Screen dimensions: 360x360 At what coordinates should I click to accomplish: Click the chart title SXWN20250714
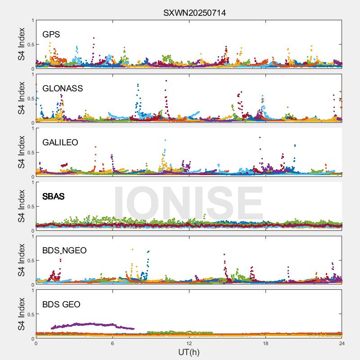coord(194,13)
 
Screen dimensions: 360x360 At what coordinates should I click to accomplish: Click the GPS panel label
coord(51,34)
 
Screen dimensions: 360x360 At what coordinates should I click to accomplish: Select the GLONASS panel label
coord(63,88)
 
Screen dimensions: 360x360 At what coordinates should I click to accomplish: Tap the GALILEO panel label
coord(60,142)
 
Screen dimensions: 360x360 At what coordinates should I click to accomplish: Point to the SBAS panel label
coord(54,197)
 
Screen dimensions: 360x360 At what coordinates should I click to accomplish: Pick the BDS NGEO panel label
coord(64,251)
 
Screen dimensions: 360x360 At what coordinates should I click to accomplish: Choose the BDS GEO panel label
coord(61,305)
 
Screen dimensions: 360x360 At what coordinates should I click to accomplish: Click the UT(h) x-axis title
coord(189,352)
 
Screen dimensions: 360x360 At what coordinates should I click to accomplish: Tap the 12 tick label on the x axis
coord(189,343)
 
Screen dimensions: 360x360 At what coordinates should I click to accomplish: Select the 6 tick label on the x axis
coord(112,343)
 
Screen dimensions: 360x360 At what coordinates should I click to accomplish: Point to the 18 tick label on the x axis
coord(265,343)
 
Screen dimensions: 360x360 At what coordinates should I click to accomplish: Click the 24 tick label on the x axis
coord(342,343)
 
